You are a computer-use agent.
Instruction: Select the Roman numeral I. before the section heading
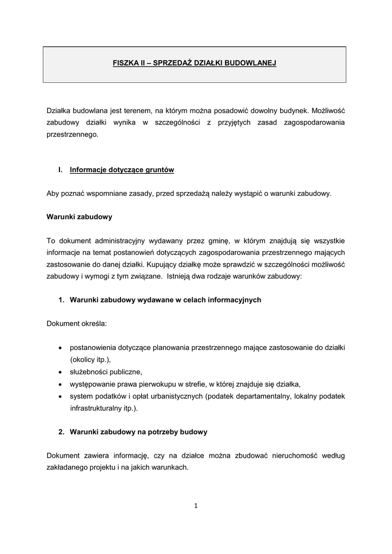click(61, 170)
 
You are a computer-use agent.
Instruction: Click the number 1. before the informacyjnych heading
click(62, 300)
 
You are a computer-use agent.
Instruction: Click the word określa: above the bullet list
click(93, 324)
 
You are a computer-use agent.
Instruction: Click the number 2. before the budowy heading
click(62, 432)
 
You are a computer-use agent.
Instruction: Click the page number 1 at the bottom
click(196, 506)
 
